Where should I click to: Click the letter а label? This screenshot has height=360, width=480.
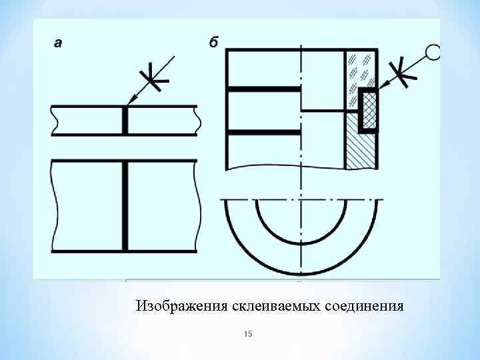point(59,43)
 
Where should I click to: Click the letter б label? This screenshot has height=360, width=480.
point(213,43)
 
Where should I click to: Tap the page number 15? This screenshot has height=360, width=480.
point(248,333)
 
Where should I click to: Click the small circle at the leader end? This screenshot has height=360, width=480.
point(433,52)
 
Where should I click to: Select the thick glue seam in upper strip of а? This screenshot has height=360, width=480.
point(125,121)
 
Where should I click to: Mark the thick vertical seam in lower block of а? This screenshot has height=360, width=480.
point(125,206)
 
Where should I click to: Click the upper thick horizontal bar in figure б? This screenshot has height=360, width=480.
point(263,88)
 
